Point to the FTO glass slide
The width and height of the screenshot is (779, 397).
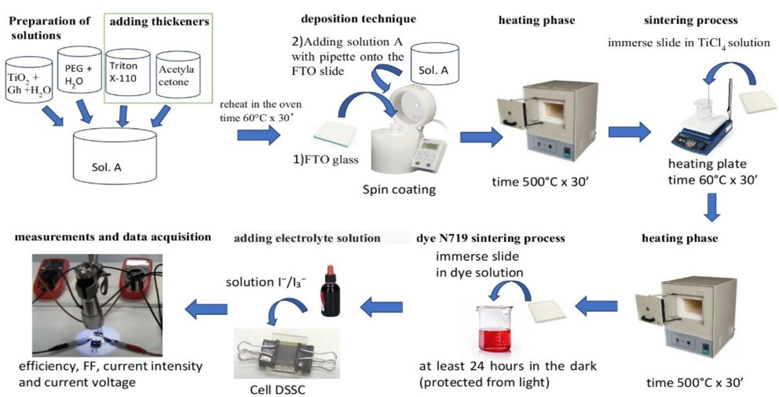pyautogui.click(x=332, y=133)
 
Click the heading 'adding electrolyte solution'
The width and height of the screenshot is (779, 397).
pyautogui.click(x=307, y=239)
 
